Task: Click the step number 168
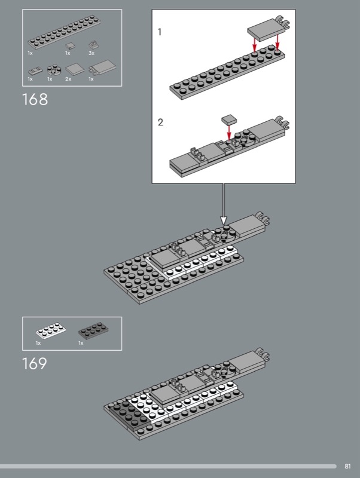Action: coord(35,99)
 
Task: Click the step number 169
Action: coord(35,363)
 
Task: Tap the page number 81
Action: coord(347,466)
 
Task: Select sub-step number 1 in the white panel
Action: coord(159,32)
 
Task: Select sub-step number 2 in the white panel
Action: coord(160,122)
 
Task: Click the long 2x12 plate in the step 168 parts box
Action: coord(65,32)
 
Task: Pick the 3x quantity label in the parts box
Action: coord(91,53)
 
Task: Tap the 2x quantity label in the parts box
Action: coord(68,79)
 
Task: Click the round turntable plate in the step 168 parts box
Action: coord(54,70)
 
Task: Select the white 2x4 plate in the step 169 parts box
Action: coord(51,331)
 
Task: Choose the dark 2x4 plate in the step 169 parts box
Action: coord(93,330)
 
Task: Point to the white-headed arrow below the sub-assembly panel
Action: coord(224,204)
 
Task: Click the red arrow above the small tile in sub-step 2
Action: coord(229,133)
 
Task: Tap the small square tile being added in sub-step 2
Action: coord(229,119)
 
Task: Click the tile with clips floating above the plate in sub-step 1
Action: coord(268,28)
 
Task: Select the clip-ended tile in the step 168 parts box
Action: coord(102,68)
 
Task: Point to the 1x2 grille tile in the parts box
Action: coord(35,71)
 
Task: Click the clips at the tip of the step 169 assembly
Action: coord(263,354)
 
